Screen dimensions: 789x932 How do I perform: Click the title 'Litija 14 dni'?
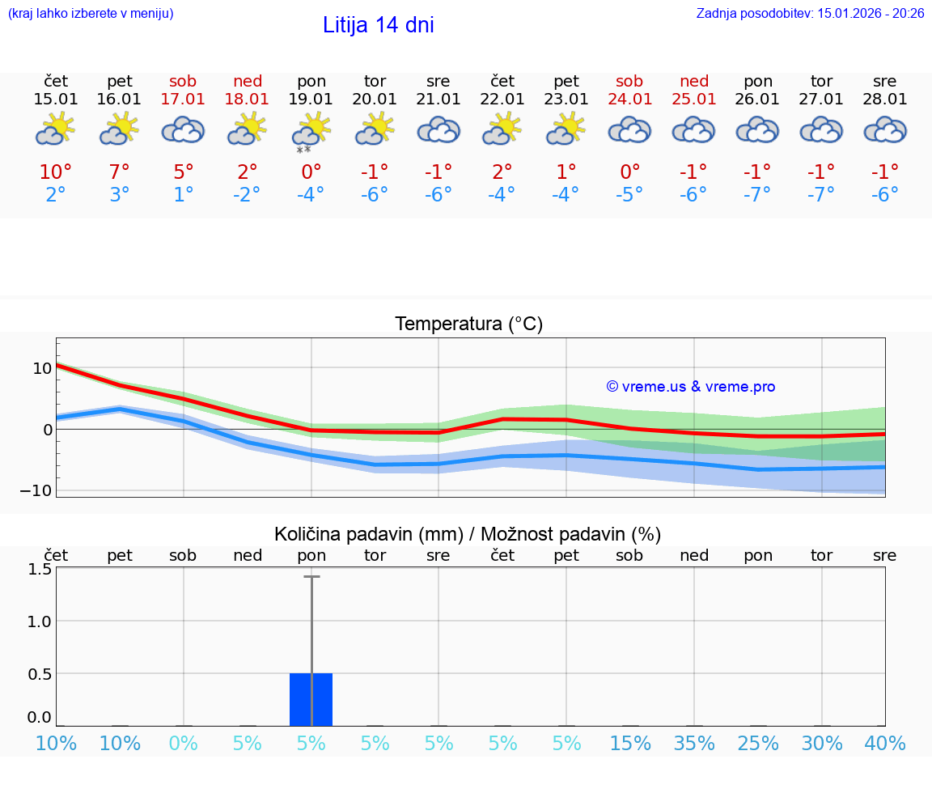378,25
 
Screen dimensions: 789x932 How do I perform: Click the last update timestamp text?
810,13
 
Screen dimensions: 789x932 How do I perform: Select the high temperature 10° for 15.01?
56,172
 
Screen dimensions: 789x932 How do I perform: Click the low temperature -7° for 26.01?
758,195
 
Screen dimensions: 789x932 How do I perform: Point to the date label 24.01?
629,100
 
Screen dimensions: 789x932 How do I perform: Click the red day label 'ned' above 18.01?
248,81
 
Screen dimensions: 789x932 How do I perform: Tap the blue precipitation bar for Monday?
311,699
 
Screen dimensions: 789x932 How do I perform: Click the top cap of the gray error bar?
311,576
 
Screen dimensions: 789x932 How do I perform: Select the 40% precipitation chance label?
885,743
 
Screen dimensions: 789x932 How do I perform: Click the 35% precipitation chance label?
694,743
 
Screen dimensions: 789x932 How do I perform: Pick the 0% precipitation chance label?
184,743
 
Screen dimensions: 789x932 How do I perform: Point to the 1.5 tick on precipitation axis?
41,569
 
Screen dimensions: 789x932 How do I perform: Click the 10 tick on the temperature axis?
42,368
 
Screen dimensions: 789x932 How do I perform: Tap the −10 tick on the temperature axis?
36,490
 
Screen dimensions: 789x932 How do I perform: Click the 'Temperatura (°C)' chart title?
468,325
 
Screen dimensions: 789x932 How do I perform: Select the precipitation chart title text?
468,534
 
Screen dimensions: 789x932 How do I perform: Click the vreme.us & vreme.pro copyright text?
691,387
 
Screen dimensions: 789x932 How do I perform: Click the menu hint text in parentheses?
91,13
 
